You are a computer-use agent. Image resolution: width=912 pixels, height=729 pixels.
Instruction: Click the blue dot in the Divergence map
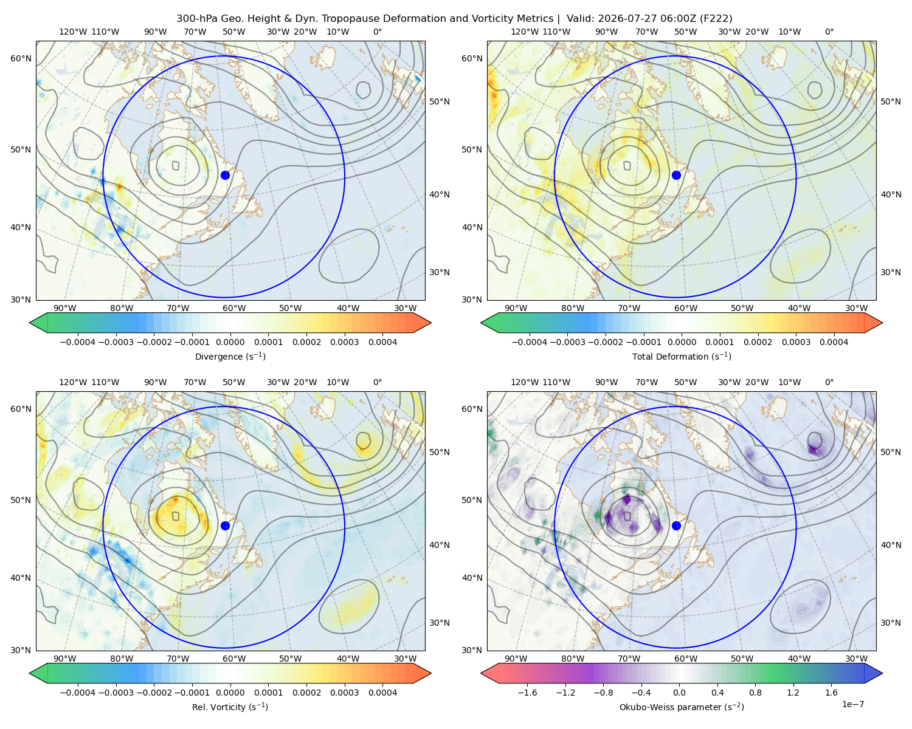[x=225, y=175]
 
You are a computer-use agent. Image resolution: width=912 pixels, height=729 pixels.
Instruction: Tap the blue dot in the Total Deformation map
[x=676, y=175]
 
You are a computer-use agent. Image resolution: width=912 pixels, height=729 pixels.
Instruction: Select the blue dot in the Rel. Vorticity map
[x=225, y=525]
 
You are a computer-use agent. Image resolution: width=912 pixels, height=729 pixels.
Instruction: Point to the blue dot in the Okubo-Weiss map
[x=676, y=525]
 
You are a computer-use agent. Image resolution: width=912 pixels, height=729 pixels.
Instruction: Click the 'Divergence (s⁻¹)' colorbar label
[x=230, y=357]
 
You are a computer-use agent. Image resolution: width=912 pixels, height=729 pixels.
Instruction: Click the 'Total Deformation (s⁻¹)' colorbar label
[x=682, y=357]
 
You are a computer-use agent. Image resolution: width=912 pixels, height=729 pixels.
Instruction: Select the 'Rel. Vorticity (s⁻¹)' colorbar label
[x=230, y=707]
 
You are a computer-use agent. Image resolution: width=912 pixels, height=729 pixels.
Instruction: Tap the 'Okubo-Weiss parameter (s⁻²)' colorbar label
[x=682, y=707]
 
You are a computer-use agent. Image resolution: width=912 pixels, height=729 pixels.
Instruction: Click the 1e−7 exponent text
[x=852, y=704]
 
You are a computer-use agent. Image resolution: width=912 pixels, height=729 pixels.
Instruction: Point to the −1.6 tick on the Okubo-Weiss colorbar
[x=528, y=693]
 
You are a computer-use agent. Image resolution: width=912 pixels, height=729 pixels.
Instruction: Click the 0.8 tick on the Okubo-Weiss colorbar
[x=755, y=693]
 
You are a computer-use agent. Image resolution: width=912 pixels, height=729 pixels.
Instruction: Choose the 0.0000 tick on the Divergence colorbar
[x=230, y=342]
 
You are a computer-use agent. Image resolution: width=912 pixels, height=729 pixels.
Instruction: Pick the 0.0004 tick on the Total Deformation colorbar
[x=834, y=342]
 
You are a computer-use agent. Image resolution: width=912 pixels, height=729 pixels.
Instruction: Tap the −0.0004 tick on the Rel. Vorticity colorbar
[x=78, y=693]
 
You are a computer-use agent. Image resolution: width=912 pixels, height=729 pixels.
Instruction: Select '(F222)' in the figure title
[x=716, y=19]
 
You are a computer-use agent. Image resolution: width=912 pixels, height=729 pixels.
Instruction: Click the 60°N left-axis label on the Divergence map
[x=21, y=58]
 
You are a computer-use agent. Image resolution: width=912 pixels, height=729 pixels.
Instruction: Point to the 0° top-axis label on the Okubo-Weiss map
[x=829, y=382]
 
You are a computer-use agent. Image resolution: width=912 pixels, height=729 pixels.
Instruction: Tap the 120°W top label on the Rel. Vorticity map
[x=73, y=382]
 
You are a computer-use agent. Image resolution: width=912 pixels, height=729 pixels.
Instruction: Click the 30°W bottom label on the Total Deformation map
[x=857, y=308]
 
